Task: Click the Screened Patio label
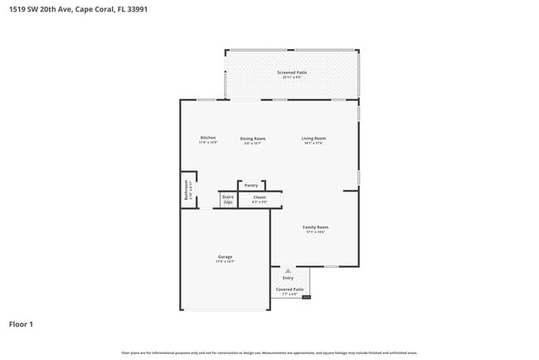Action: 292,73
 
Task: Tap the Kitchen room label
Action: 208,138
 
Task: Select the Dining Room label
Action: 253,139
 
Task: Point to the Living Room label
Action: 313,139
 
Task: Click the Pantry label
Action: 251,186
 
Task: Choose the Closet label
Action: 260,197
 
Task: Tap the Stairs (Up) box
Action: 228,200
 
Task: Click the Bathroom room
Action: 189,192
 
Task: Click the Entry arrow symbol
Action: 288,270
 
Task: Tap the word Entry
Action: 288,278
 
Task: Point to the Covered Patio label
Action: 289,289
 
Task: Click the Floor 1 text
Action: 21,324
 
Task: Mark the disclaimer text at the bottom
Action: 269,353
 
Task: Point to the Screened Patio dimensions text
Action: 292,78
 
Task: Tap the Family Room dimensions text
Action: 315,232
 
